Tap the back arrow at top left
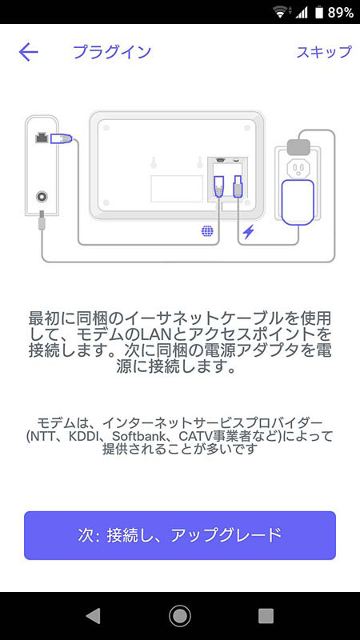(29, 52)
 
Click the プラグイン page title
(112, 52)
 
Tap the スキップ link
(324, 52)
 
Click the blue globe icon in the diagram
(207, 231)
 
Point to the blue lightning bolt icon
(248, 232)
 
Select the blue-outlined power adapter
(297, 202)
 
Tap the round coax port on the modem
(42, 197)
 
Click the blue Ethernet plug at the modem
(62, 138)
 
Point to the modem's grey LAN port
(42, 138)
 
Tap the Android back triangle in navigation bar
(94, 615)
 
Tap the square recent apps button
(266, 615)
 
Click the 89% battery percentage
(341, 13)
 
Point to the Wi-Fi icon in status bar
(280, 12)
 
